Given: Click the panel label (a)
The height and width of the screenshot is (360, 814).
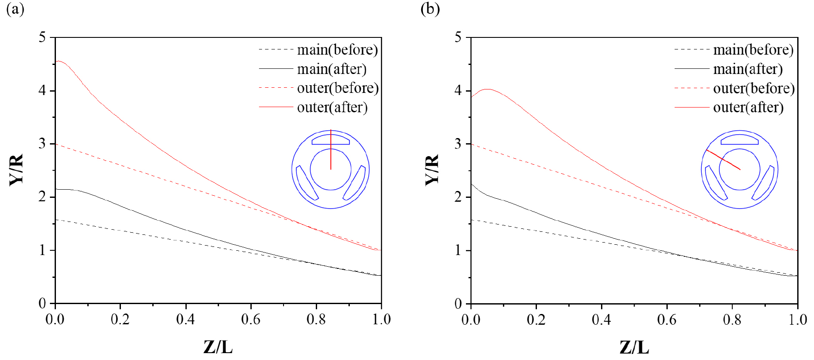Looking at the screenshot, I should pos(15,9).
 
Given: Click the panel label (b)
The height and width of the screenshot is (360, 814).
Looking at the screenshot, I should pos(430,9).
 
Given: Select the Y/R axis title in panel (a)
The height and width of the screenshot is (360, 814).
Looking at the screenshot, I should pos(17,170).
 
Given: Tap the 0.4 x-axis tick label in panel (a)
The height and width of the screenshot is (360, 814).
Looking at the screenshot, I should pos(185,320).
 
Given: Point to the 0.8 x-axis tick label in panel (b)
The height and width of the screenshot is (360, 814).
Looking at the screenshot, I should pos(732,320).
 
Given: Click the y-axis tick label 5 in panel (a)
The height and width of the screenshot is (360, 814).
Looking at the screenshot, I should pos(42,37).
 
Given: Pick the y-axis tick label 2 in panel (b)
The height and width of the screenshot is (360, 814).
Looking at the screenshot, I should pos(458,197).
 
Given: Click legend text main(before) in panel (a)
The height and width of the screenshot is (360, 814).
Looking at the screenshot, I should pos(337,50).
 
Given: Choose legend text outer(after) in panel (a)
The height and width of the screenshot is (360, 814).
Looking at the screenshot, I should pos(332,107).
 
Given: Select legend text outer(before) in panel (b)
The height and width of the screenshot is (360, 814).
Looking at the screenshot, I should pos(754,88).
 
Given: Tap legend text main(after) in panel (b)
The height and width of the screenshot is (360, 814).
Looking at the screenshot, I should pos(748,69).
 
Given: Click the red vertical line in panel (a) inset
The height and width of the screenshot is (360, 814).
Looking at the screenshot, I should pos(330,155).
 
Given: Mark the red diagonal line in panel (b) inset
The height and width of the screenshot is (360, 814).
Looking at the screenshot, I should pos(723,160).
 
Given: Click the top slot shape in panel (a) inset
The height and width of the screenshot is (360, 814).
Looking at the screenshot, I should pos(330,139).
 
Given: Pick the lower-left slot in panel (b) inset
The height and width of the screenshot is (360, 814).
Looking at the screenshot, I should pos(715,183).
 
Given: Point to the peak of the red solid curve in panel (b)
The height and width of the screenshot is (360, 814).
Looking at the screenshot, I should pos(487,89).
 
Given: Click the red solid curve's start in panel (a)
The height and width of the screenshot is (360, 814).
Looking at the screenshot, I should pos(56,62).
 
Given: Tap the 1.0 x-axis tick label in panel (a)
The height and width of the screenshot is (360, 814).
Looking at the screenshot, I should pos(381,320).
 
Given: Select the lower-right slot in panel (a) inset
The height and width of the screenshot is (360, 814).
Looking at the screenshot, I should pos(355,183).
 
